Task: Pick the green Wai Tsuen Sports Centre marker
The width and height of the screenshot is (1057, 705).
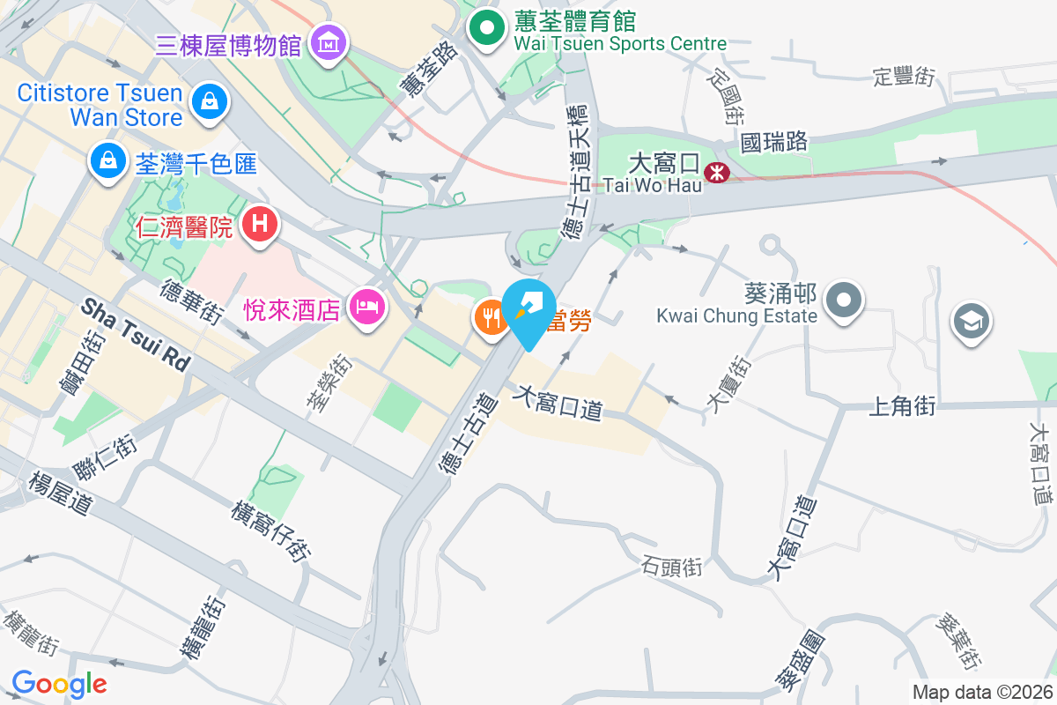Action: click(484, 26)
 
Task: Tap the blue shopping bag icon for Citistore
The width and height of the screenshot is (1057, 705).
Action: click(211, 100)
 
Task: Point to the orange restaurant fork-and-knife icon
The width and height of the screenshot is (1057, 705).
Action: click(490, 315)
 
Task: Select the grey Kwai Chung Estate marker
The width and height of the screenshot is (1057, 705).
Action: click(845, 301)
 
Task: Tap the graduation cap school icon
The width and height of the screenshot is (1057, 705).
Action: click(972, 321)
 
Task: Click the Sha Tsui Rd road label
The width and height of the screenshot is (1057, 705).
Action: click(136, 334)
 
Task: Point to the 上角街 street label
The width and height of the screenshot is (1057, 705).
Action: click(902, 406)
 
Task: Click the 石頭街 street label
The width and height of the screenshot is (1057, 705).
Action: click(673, 566)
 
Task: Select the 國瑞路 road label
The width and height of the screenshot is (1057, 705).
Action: click(774, 141)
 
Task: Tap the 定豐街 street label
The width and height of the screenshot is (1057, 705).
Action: click(904, 77)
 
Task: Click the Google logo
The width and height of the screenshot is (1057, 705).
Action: click(59, 683)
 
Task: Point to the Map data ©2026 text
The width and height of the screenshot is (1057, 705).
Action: click(982, 693)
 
